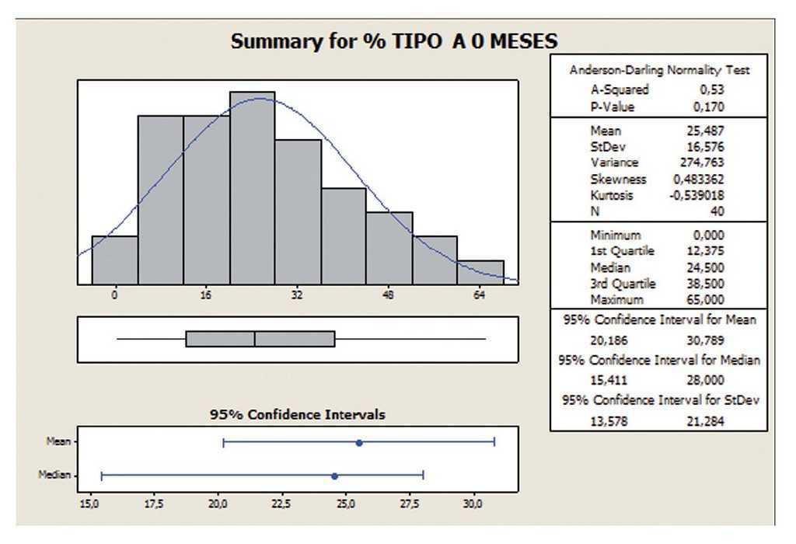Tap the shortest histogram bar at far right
(480, 273)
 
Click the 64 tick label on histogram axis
(480, 295)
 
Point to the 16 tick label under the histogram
(206, 295)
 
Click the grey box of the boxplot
(260, 339)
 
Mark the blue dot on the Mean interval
(359, 442)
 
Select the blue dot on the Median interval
(334, 476)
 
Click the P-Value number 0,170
(707, 106)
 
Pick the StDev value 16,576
(705, 147)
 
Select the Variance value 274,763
(703, 162)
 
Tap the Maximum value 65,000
(705, 299)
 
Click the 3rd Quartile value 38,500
(705, 284)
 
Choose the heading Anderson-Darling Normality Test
(659, 70)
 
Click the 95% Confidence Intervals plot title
(297, 415)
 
